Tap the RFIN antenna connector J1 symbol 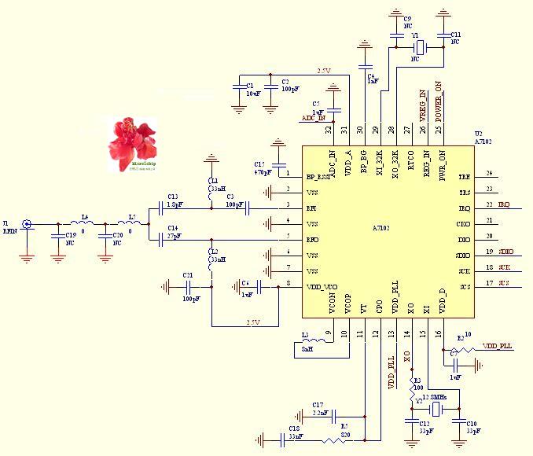[27, 225]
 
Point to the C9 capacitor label [407, 18]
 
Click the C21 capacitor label [187, 274]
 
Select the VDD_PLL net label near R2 [497, 346]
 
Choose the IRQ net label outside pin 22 [504, 205]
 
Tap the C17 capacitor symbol [336, 416]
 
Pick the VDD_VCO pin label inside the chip [322, 285]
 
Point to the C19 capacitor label [70, 235]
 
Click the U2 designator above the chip [479, 134]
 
